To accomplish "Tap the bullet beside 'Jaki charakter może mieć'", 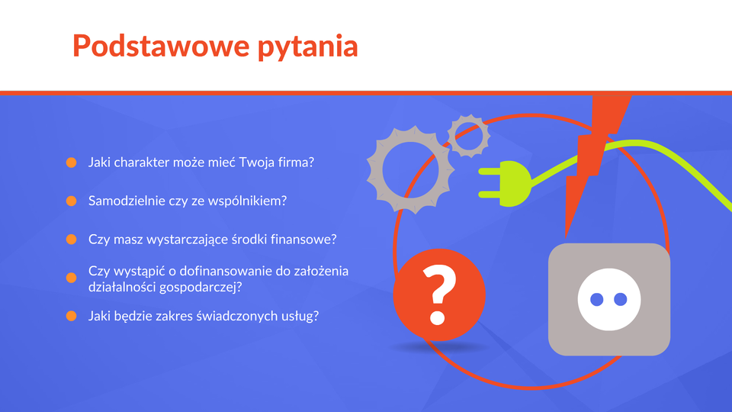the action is coord(72,163).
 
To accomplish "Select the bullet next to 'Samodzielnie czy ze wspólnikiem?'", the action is coord(72,201).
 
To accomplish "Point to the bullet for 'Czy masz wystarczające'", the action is coord(72,239).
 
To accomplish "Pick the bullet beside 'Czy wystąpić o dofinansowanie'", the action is coord(72,278).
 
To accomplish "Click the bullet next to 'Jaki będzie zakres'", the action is coord(72,316).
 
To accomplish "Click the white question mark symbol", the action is coord(438,295).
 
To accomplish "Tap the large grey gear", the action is coord(410,169).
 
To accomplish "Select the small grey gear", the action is coord(469,136).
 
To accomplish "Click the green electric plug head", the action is coord(506,184).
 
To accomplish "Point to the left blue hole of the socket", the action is coord(596,299).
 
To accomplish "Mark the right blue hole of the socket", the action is coord(621,299).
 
